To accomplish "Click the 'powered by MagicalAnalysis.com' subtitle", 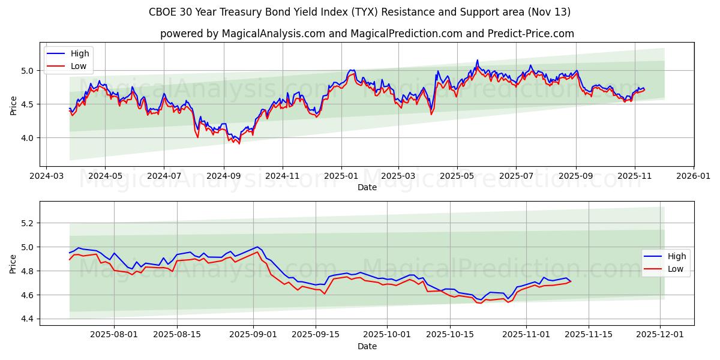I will click(367, 34).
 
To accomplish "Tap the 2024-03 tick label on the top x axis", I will click(47, 176).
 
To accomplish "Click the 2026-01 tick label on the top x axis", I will click(694, 176).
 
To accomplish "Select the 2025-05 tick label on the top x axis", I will click(457, 176).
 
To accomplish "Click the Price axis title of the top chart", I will click(13, 104).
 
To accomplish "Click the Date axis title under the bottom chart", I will click(367, 346).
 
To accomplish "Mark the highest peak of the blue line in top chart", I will click(478, 60).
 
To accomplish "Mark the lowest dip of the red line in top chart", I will click(239, 143).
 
